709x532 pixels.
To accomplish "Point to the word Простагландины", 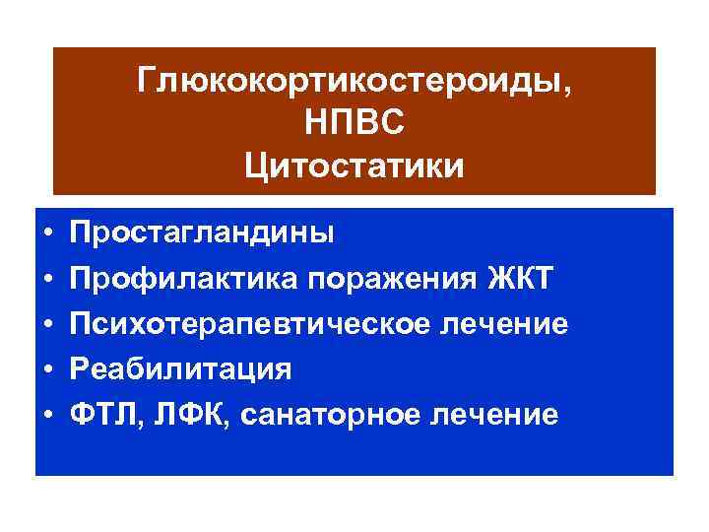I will point(201,234).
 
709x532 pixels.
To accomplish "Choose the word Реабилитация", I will point(180,370).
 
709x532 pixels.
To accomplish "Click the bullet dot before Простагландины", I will point(48,234).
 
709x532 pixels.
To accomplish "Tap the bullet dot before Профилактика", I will point(48,280).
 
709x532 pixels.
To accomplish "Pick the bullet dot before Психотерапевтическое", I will point(48,325).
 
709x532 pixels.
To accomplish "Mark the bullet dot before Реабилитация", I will point(48,370).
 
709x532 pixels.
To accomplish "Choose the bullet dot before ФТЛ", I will point(48,416).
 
